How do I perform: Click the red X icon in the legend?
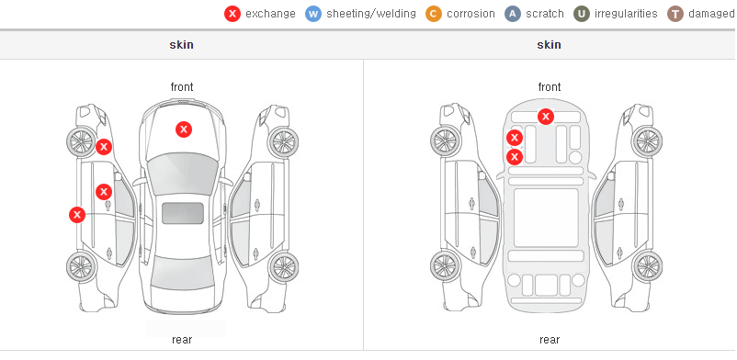tap(232, 14)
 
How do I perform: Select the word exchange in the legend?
tap(270, 14)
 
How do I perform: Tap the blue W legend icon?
tap(313, 14)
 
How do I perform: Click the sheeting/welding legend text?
tap(371, 14)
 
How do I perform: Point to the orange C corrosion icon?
tap(434, 14)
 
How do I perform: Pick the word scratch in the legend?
tap(545, 14)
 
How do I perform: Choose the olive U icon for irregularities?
tap(582, 14)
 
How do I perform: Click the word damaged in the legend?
tap(711, 14)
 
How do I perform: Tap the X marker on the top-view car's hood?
tap(184, 129)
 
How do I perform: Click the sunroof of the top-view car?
tap(183, 213)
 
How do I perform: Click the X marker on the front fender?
tap(104, 147)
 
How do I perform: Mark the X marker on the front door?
tap(104, 192)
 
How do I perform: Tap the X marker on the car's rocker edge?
tap(77, 215)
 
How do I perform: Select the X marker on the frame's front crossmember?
tap(546, 116)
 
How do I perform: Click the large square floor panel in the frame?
tap(546, 218)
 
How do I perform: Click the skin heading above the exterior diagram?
tap(181, 45)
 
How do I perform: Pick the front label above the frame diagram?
tap(550, 87)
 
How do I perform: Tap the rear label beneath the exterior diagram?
tap(182, 340)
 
